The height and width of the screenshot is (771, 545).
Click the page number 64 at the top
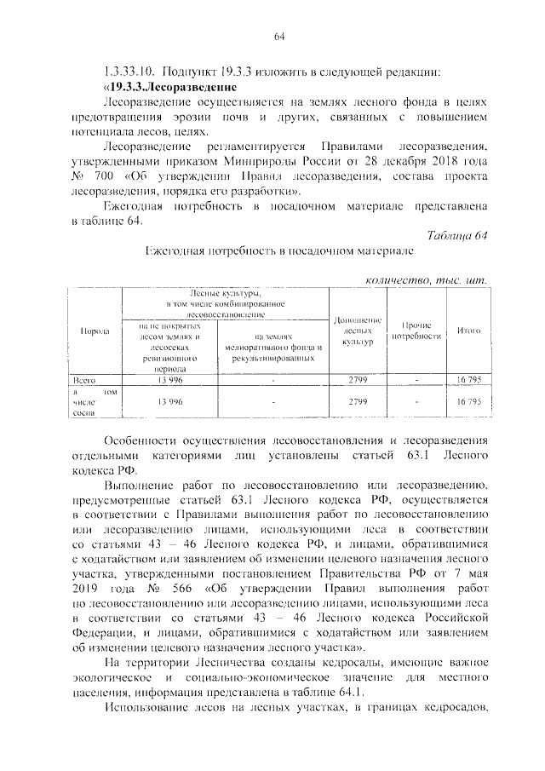pos(278,36)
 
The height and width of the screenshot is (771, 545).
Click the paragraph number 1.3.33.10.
pos(127,71)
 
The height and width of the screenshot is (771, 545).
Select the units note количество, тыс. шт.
pos(425,279)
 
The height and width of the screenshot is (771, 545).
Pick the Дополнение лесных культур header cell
pos(358,331)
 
